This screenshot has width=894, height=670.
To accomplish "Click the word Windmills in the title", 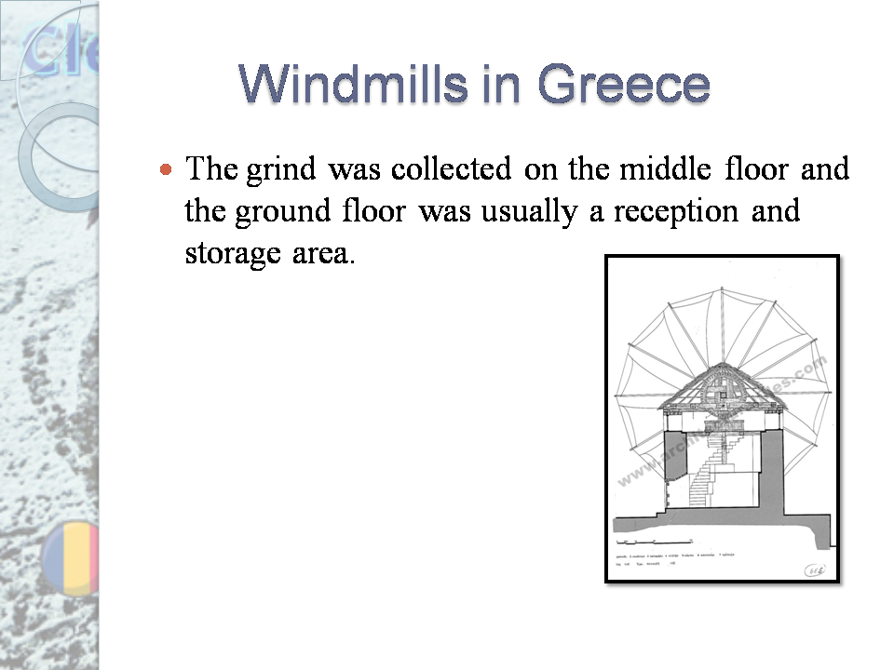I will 332,85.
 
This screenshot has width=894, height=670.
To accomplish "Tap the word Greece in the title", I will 623,85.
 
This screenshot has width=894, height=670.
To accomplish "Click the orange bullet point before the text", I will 166,170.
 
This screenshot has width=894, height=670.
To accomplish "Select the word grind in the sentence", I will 282,171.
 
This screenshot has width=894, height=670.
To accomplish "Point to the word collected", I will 451,169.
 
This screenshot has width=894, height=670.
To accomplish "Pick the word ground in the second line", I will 273,211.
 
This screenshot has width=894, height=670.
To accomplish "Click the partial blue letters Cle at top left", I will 56,51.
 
